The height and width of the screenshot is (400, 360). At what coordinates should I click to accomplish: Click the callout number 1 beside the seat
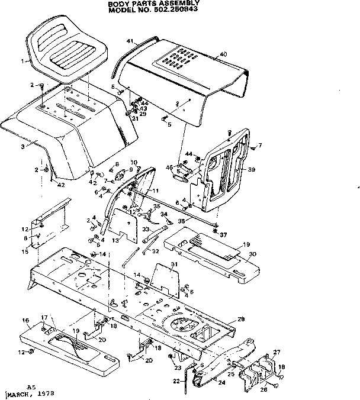pos(22,61)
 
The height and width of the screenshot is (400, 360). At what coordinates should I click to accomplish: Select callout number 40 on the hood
pos(223,54)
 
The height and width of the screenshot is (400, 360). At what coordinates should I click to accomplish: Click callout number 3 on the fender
pos(22,145)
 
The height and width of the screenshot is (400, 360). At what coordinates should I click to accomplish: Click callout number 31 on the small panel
pos(173,264)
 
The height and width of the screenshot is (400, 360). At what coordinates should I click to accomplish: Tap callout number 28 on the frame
pos(240,319)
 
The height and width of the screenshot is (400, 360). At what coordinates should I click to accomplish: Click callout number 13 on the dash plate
pos(116,241)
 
